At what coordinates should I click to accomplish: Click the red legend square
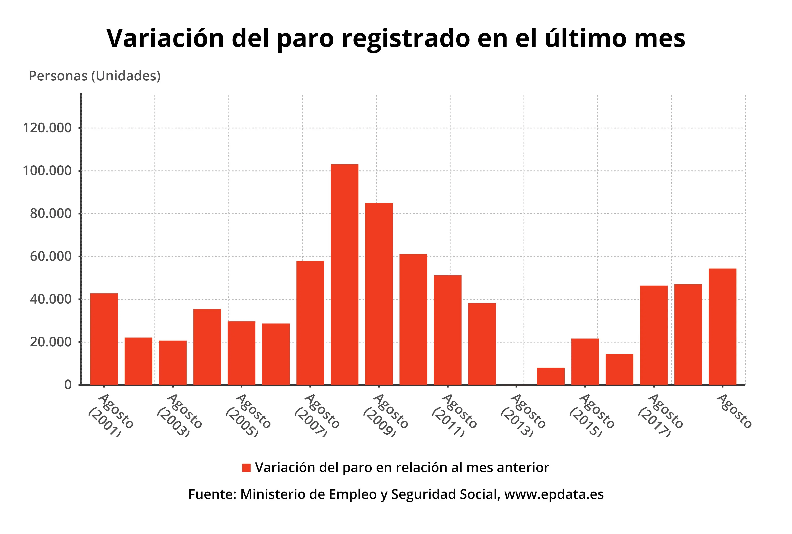point(246,468)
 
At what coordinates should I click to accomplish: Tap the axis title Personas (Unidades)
point(95,76)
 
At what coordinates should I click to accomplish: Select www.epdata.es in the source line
point(554,494)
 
